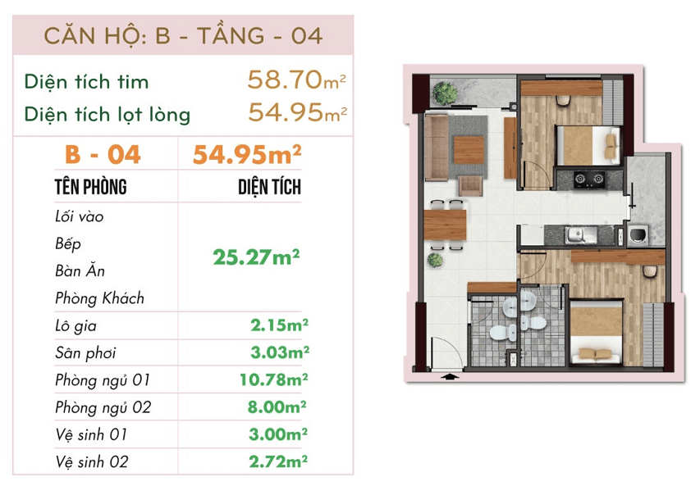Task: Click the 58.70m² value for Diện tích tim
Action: click(x=296, y=79)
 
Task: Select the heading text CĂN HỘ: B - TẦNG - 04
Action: click(x=183, y=36)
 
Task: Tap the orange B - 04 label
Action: click(x=103, y=155)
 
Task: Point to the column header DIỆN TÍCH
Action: click(x=270, y=187)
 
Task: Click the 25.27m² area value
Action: click(x=256, y=257)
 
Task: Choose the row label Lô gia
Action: click(x=75, y=326)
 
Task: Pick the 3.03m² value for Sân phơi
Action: click(x=280, y=352)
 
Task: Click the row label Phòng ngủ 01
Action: click(x=103, y=380)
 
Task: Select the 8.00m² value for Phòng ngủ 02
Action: click(x=277, y=407)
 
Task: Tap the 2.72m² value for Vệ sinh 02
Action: click(x=278, y=461)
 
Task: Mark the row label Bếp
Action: click(x=68, y=244)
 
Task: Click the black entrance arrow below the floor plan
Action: click(x=450, y=377)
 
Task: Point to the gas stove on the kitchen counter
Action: click(x=589, y=179)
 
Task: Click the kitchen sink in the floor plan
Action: click(x=581, y=235)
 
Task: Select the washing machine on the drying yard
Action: click(x=638, y=234)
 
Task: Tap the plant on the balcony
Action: click(x=444, y=93)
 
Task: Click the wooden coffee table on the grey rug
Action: click(x=469, y=150)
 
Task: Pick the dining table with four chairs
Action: click(x=445, y=225)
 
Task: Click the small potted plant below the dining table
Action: click(x=435, y=260)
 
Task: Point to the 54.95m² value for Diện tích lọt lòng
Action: click(x=297, y=112)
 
